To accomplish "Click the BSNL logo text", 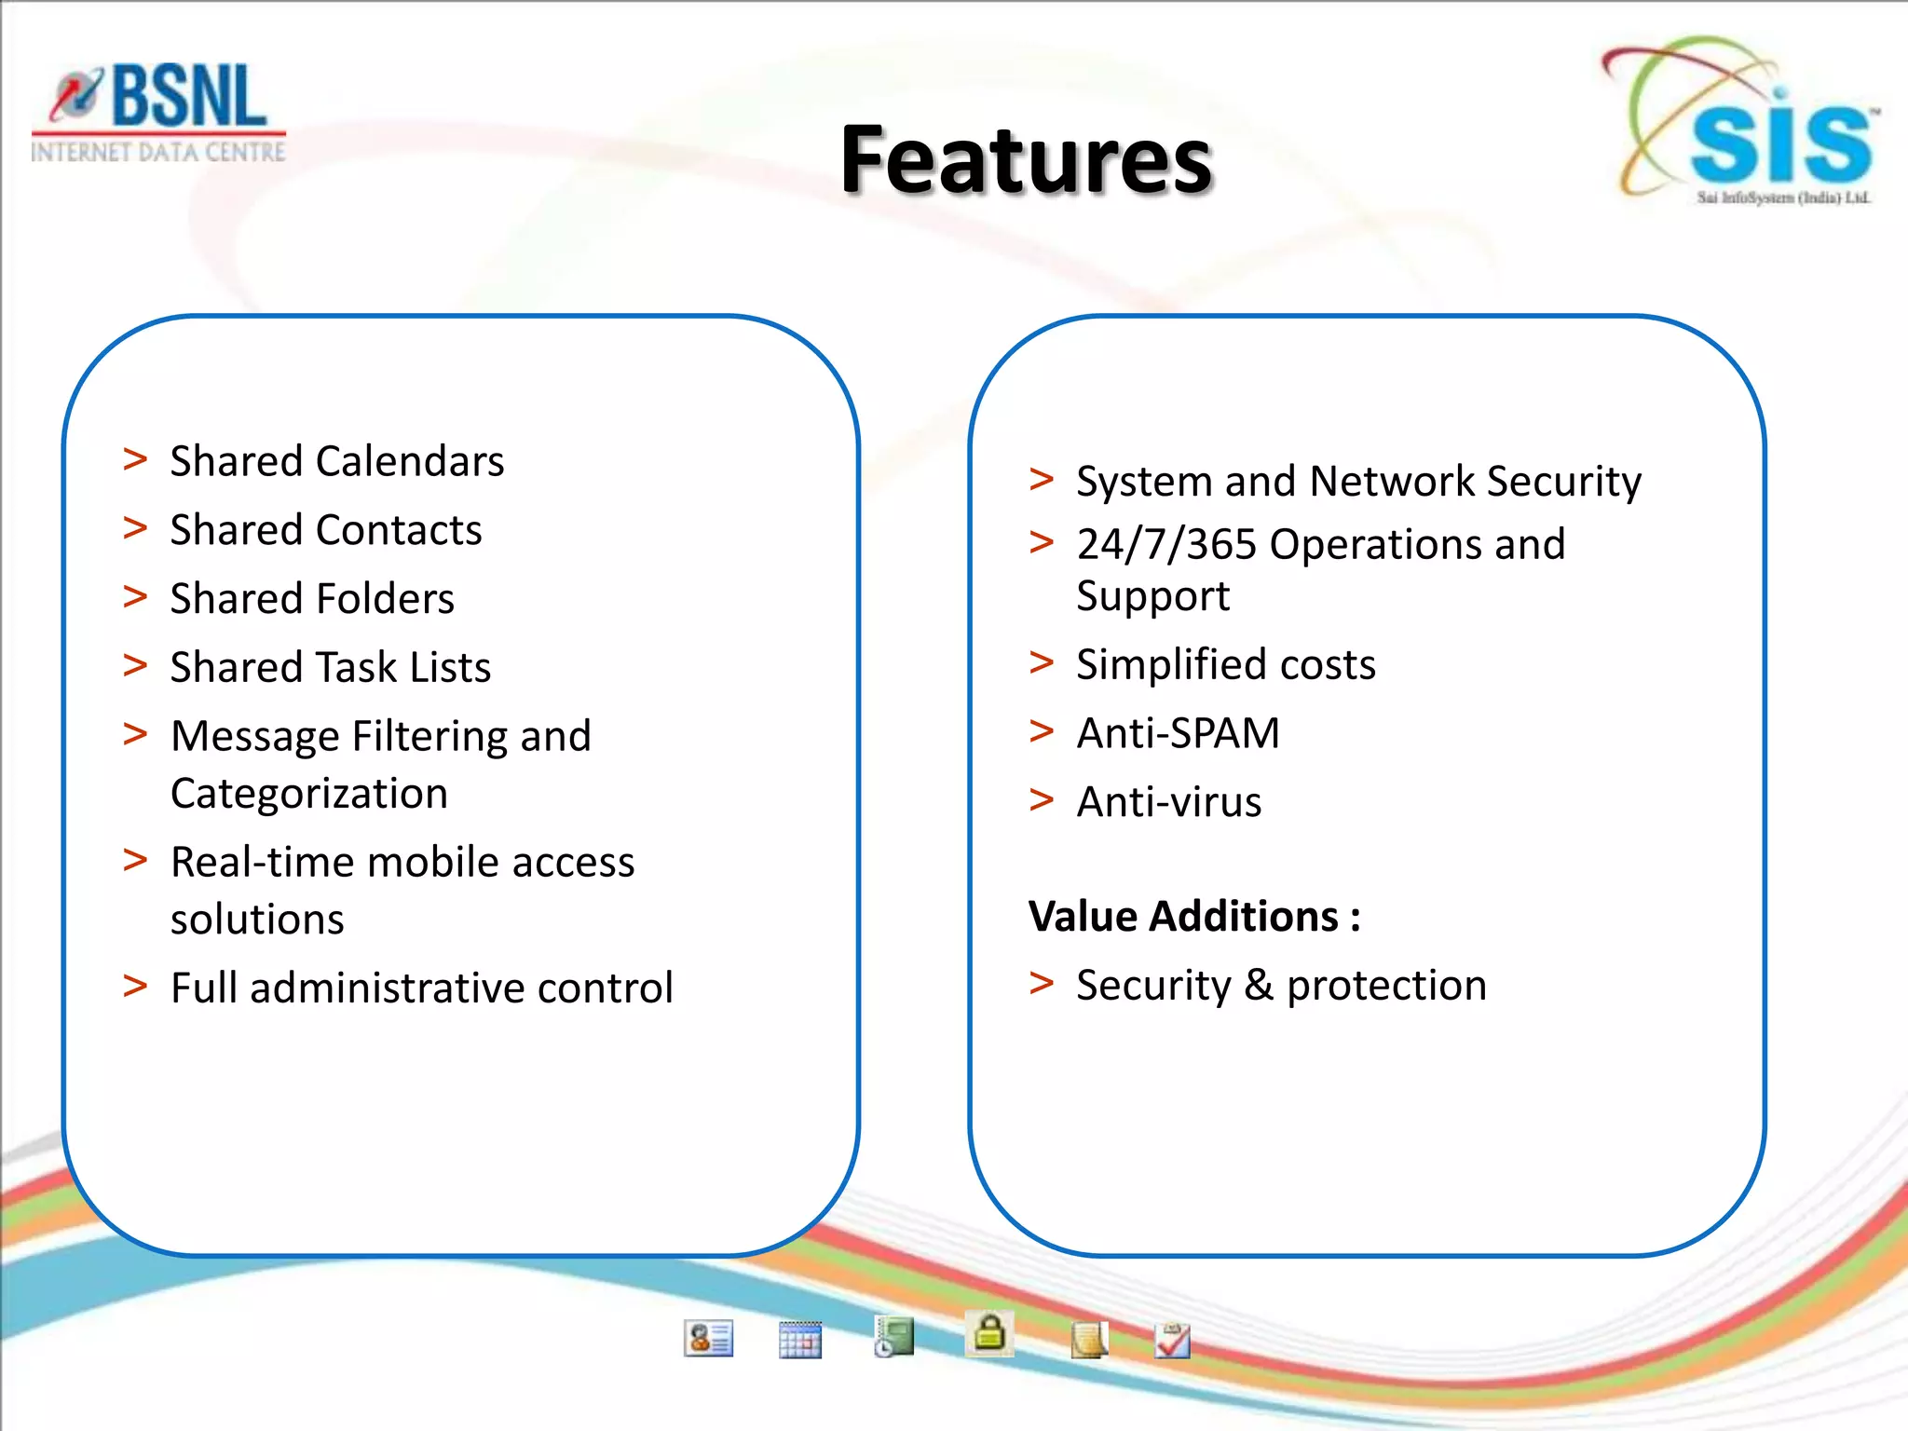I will (186, 97).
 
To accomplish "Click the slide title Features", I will (1026, 160).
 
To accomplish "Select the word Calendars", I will (410, 462).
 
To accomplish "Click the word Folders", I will (385, 599).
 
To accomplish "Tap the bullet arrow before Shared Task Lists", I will (136, 665).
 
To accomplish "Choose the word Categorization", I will (309, 794).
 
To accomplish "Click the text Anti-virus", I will (1168, 802).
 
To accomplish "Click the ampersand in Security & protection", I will (1259, 986).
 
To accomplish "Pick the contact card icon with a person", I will (708, 1339).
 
